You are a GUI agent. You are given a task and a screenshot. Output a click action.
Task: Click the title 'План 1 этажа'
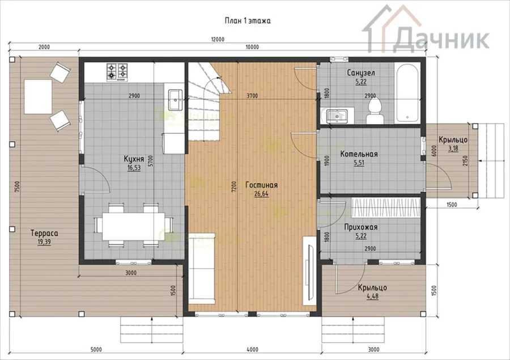click(x=248, y=21)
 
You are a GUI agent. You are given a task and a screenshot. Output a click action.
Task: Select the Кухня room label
click(x=134, y=159)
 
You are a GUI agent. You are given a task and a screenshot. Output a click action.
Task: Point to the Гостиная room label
click(x=261, y=185)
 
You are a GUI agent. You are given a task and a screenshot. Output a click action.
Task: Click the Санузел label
click(x=361, y=73)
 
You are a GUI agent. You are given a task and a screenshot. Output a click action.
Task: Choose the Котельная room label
click(x=359, y=154)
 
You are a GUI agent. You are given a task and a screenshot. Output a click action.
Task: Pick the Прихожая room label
click(x=361, y=227)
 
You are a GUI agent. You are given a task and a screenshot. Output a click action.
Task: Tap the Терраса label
click(x=44, y=233)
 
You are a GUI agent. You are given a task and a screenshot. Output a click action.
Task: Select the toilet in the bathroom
click(x=375, y=111)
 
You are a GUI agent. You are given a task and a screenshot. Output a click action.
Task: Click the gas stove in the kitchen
click(x=117, y=72)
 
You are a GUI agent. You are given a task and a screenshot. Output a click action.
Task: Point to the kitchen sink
click(x=175, y=100)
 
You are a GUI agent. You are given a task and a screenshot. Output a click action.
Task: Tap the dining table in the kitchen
click(x=133, y=226)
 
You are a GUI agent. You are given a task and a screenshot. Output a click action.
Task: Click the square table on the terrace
click(x=38, y=97)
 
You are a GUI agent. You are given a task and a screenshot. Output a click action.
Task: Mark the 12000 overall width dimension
click(x=218, y=39)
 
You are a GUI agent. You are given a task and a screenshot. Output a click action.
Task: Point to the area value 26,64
click(x=261, y=194)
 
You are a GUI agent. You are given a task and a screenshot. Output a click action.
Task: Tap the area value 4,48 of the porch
click(x=372, y=296)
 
